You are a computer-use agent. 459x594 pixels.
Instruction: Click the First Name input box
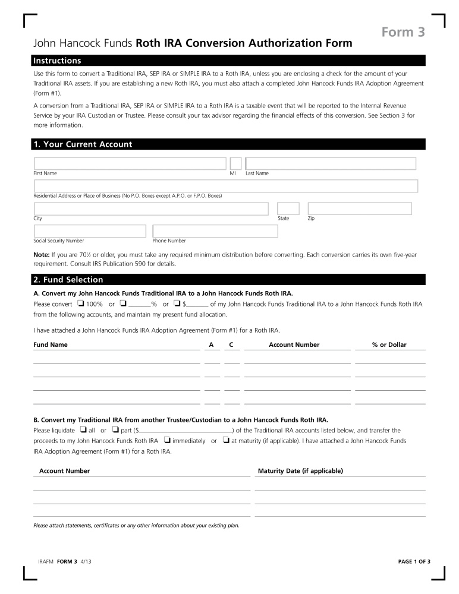[x=130, y=163]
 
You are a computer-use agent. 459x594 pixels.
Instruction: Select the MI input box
[x=235, y=163]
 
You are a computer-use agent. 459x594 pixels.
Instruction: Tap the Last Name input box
[x=331, y=163]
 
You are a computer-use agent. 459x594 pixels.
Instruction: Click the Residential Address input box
[x=226, y=186]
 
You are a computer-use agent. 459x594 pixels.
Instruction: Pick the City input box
[x=151, y=208]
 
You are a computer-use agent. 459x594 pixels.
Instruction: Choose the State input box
[x=288, y=208]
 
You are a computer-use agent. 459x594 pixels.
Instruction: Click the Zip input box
[x=360, y=208]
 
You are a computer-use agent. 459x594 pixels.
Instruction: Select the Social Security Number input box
[x=90, y=231]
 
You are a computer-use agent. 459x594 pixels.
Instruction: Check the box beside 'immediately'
[x=167, y=440]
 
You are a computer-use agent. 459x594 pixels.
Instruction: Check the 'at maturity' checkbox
[x=226, y=440]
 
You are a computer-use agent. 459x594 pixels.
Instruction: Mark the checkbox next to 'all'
[x=83, y=429]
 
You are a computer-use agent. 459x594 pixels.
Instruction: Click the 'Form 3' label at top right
[x=403, y=33]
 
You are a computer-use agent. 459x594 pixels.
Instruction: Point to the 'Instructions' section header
[x=57, y=61]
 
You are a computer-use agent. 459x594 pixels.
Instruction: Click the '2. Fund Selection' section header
[x=68, y=280]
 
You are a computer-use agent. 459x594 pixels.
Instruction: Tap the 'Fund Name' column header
[x=51, y=345]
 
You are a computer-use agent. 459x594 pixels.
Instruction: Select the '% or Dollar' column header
[x=389, y=345]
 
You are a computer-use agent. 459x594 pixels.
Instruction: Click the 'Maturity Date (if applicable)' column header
[x=300, y=470]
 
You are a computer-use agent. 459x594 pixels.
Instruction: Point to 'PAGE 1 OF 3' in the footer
[x=413, y=561]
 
